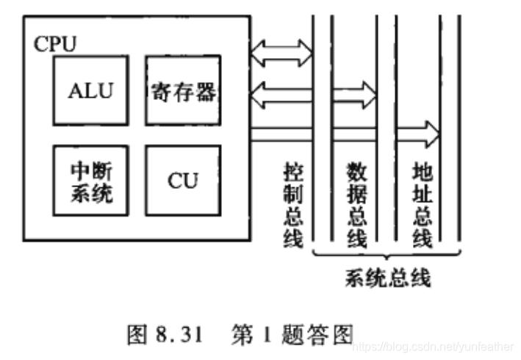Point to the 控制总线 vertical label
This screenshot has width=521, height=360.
pyautogui.click(x=293, y=205)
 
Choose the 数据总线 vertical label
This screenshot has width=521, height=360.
pyautogui.click(x=357, y=205)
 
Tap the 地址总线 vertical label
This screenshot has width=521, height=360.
pyautogui.click(x=421, y=205)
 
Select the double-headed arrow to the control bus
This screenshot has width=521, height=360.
pyautogui.click(x=281, y=52)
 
